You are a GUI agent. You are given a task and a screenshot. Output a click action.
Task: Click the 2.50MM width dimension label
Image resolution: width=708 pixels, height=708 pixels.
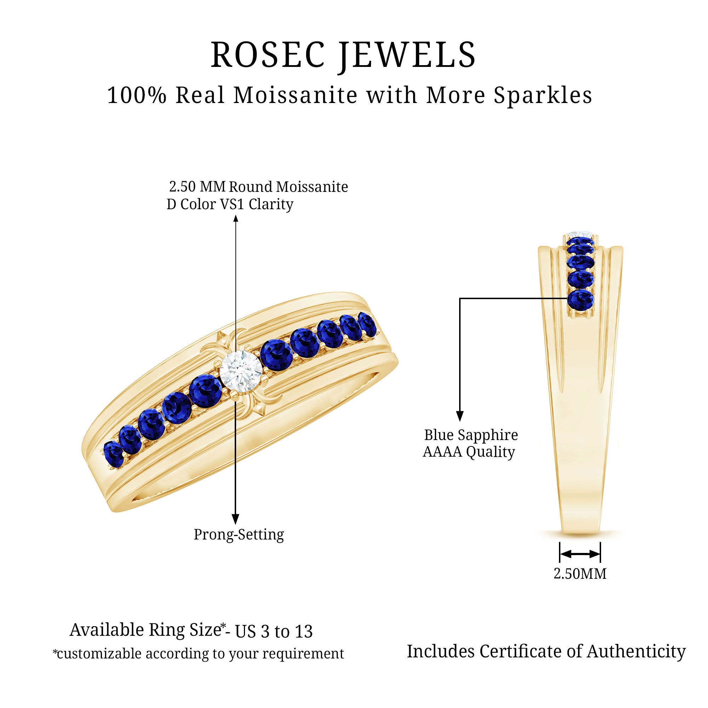[580, 574]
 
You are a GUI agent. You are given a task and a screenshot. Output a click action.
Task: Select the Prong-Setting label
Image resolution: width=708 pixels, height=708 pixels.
[239, 535]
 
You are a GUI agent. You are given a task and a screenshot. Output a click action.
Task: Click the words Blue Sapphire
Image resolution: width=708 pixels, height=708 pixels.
[471, 435]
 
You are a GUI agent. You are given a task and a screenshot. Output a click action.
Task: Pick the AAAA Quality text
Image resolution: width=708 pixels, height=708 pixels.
[469, 452]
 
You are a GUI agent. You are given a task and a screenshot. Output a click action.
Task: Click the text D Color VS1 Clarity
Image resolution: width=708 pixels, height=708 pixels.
[230, 204]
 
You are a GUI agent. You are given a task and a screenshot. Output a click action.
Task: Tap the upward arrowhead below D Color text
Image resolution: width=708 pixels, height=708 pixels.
[236, 219]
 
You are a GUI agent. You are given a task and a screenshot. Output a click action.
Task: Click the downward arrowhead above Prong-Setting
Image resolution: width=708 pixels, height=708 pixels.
[236, 519]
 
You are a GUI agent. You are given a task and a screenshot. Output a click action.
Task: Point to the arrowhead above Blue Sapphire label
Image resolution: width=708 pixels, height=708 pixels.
[460, 416]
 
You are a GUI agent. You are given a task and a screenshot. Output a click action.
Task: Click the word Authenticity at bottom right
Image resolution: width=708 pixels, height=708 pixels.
[636, 652]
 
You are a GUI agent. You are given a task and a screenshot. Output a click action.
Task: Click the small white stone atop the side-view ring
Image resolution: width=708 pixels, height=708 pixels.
[581, 234]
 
